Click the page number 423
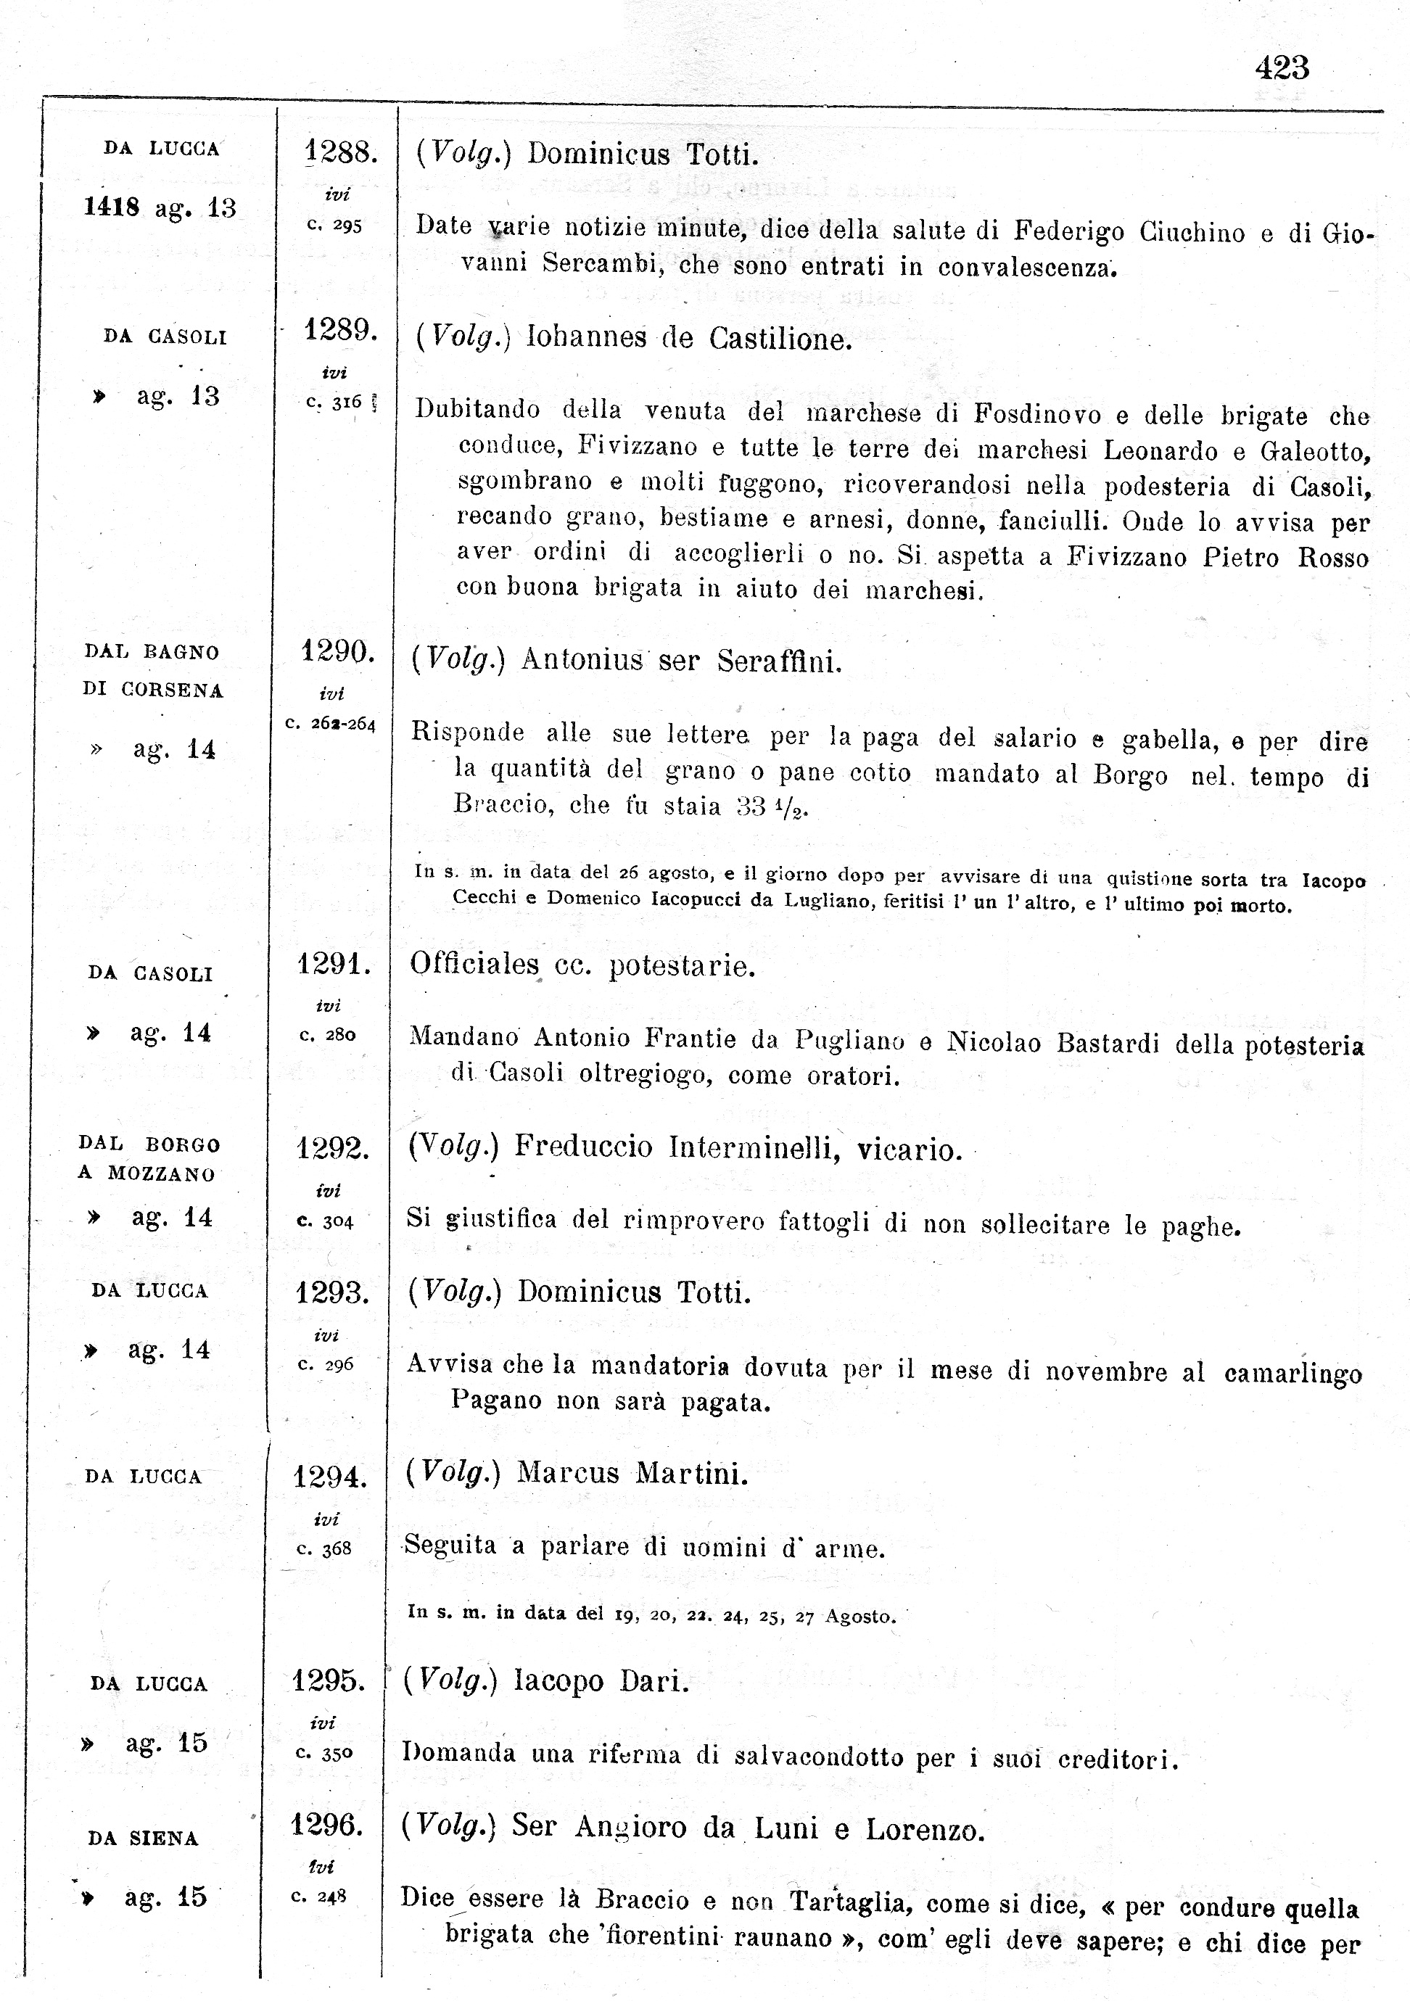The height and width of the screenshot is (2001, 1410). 1282,68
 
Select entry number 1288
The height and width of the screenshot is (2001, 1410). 340,153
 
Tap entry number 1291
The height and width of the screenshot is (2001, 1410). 334,964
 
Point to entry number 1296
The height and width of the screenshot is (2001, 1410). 327,1823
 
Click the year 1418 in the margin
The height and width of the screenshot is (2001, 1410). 112,207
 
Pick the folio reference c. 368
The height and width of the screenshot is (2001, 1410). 324,1548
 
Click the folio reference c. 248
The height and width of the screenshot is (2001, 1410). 319,1897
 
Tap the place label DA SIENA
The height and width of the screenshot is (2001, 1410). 143,1838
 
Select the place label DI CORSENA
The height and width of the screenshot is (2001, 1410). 152,690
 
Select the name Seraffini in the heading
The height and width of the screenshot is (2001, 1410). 780,662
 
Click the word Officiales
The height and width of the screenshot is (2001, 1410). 475,964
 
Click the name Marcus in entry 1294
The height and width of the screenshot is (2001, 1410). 567,1473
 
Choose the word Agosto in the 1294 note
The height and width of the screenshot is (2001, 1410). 859,1617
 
